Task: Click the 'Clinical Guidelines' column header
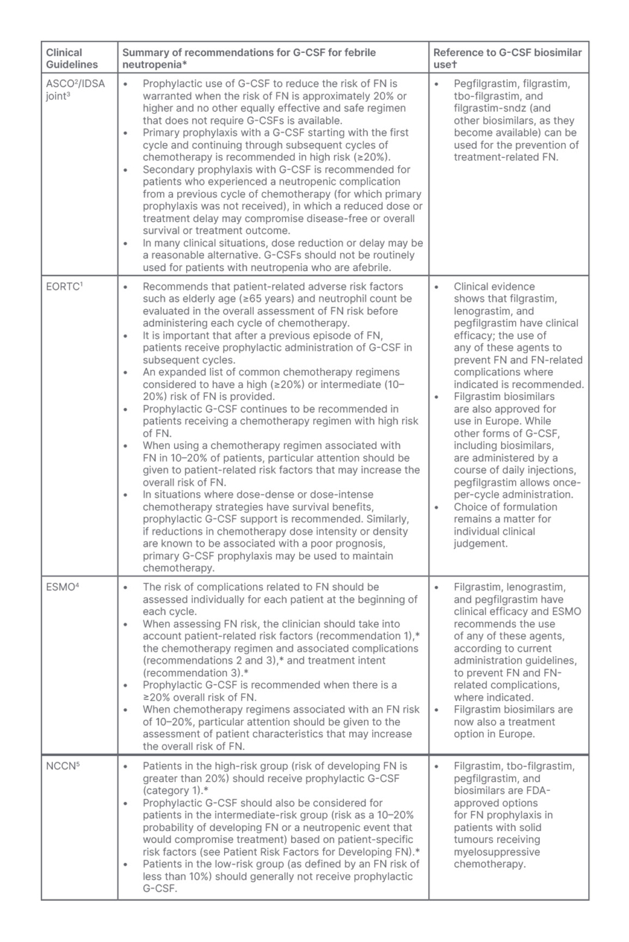(x=72, y=58)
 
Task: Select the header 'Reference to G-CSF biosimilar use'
(x=507, y=58)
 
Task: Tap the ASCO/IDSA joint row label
(x=75, y=90)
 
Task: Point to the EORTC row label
(x=64, y=286)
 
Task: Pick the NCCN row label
(x=63, y=766)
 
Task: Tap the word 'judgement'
(x=480, y=543)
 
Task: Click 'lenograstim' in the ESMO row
(x=535, y=587)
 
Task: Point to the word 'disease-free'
(x=343, y=218)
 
